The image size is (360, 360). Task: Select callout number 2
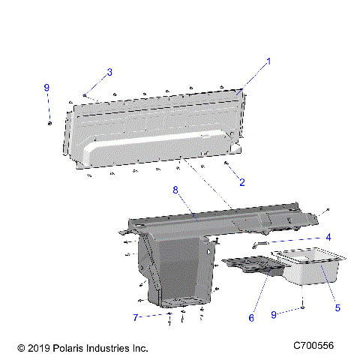tap(242, 182)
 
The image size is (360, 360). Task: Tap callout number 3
tap(109, 72)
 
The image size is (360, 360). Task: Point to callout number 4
tap(328, 238)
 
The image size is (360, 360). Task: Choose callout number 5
tap(337, 307)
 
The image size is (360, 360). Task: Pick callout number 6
tap(251, 318)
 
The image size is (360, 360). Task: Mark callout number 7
tap(136, 318)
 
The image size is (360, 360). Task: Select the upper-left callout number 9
tap(46, 88)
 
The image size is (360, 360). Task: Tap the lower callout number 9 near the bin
tap(274, 316)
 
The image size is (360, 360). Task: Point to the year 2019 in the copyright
tap(40, 348)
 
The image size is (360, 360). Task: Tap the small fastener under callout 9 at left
tap(49, 123)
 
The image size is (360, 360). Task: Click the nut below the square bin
tap(301, 308)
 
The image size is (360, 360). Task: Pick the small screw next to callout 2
tap(226, 162)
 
